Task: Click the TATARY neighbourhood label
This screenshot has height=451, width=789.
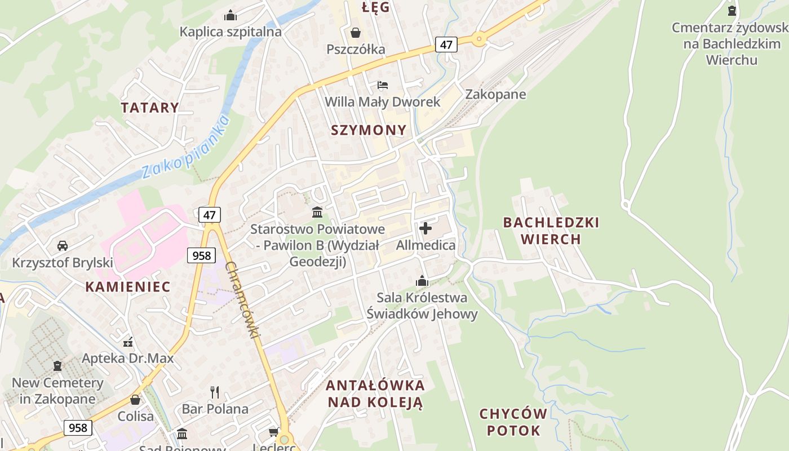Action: coord(150,108)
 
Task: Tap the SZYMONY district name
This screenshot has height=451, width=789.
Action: coord(369,130)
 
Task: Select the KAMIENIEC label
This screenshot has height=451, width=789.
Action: coord(128,286)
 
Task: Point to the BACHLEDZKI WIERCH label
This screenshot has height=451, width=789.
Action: coord(551,231)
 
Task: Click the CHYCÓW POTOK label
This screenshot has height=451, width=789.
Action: coord(513,422)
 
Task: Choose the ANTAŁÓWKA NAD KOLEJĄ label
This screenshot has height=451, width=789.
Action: coord(375,393)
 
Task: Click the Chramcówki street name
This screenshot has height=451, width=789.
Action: coord(243,300)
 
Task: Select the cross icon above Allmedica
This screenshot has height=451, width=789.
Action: coord(425,228)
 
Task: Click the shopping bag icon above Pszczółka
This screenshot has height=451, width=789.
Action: coord(356,32)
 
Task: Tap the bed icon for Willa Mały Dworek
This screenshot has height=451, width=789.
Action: coord(383,86)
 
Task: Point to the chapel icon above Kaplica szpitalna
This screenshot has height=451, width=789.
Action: coord(230,15)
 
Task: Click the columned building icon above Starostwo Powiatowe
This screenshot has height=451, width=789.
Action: coord(317,213)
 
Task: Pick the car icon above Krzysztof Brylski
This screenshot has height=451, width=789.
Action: coord(63,246)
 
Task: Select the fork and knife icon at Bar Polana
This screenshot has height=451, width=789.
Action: coord(215,392)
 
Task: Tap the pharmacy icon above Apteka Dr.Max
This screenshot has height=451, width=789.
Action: coord(128,342)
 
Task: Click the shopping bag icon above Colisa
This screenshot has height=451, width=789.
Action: coord(135,400)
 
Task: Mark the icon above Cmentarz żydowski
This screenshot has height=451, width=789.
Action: coord(732,10)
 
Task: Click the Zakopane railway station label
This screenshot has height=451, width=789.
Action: coord(495,94)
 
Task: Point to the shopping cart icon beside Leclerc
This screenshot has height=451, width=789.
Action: coord(274,432)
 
